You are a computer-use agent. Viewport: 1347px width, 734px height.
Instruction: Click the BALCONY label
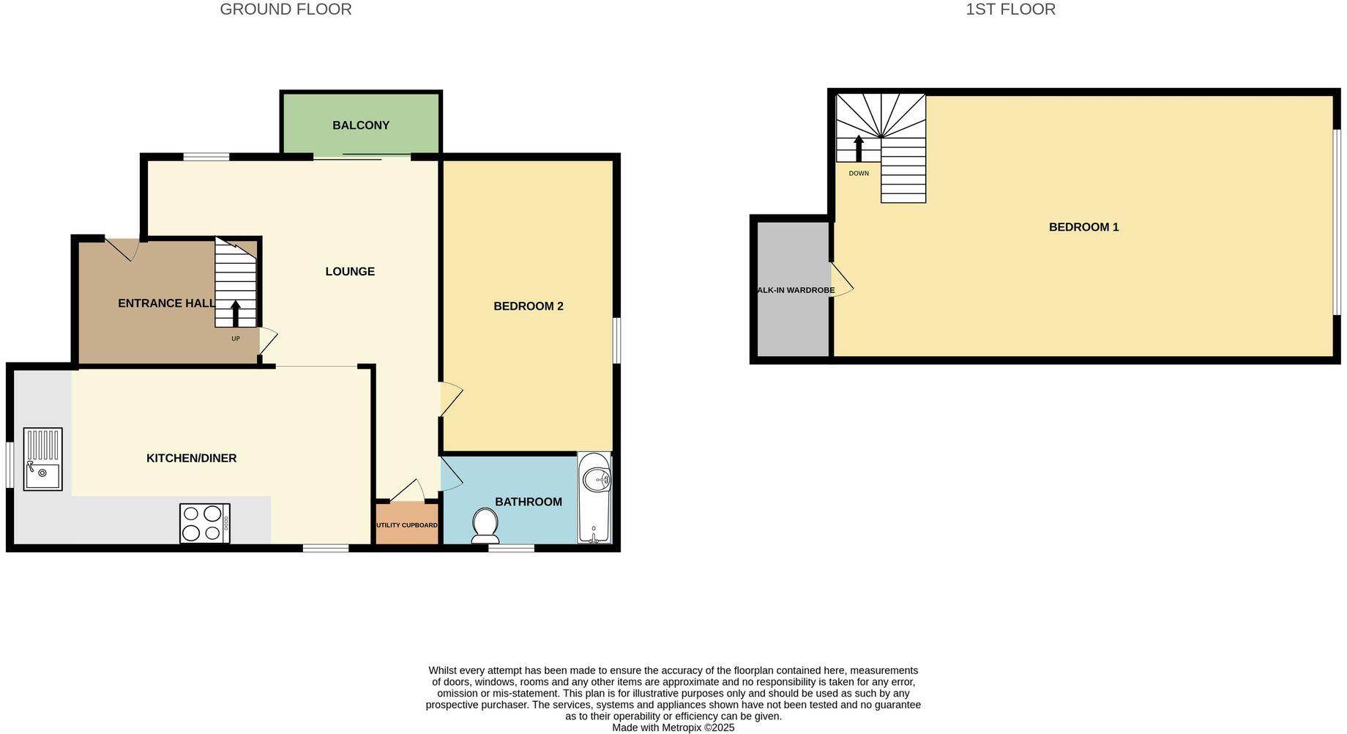360,125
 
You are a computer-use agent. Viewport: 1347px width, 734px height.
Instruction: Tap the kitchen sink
42,459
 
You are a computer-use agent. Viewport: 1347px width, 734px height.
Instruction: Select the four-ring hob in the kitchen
204,523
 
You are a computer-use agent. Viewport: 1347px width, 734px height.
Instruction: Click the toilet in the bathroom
485,525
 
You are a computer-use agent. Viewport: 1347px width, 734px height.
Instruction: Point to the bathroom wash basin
597,479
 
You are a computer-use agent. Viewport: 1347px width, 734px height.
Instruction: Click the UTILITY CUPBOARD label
407,525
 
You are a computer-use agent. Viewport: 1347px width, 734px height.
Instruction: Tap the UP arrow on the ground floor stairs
236,314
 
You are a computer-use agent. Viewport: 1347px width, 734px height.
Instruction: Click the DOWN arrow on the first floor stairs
859,149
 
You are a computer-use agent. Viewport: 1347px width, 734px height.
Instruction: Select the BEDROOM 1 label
1083,227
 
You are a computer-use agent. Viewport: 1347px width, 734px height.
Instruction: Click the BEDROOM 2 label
528,306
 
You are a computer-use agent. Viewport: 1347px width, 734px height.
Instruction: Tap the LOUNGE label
350,272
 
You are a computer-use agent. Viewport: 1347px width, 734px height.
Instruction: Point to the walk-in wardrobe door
841,281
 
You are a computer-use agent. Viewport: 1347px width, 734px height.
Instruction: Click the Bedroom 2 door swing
449,399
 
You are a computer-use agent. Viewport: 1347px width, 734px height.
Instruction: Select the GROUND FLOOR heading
286,10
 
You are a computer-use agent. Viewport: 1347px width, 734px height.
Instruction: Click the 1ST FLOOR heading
1010,10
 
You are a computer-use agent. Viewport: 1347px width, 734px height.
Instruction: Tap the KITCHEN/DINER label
191,459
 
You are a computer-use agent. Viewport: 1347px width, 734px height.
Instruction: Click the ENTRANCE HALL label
166,303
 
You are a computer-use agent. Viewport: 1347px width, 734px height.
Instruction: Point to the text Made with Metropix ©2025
673,727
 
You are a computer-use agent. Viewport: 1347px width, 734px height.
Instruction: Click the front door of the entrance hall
122,248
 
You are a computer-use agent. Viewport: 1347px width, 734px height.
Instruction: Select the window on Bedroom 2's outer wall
616,340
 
